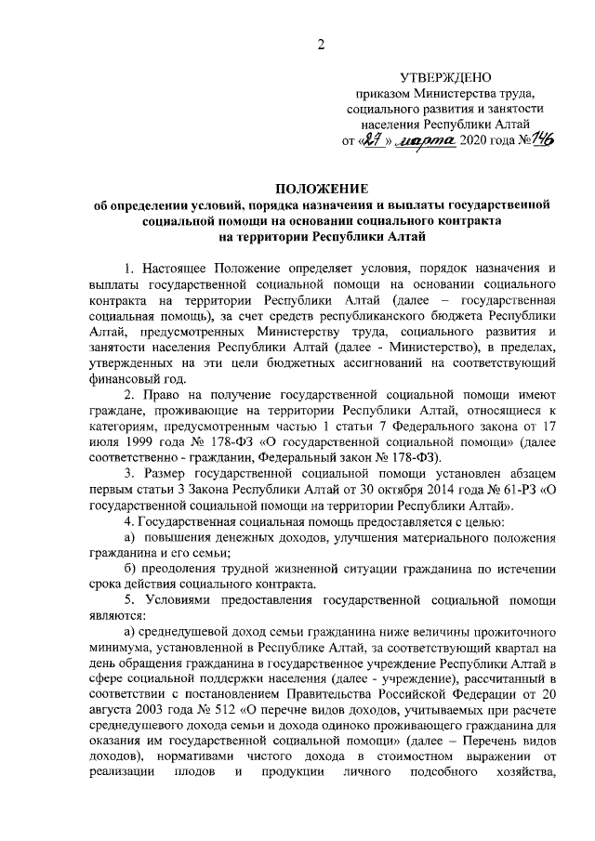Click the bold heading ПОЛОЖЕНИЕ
tap(321, 189)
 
